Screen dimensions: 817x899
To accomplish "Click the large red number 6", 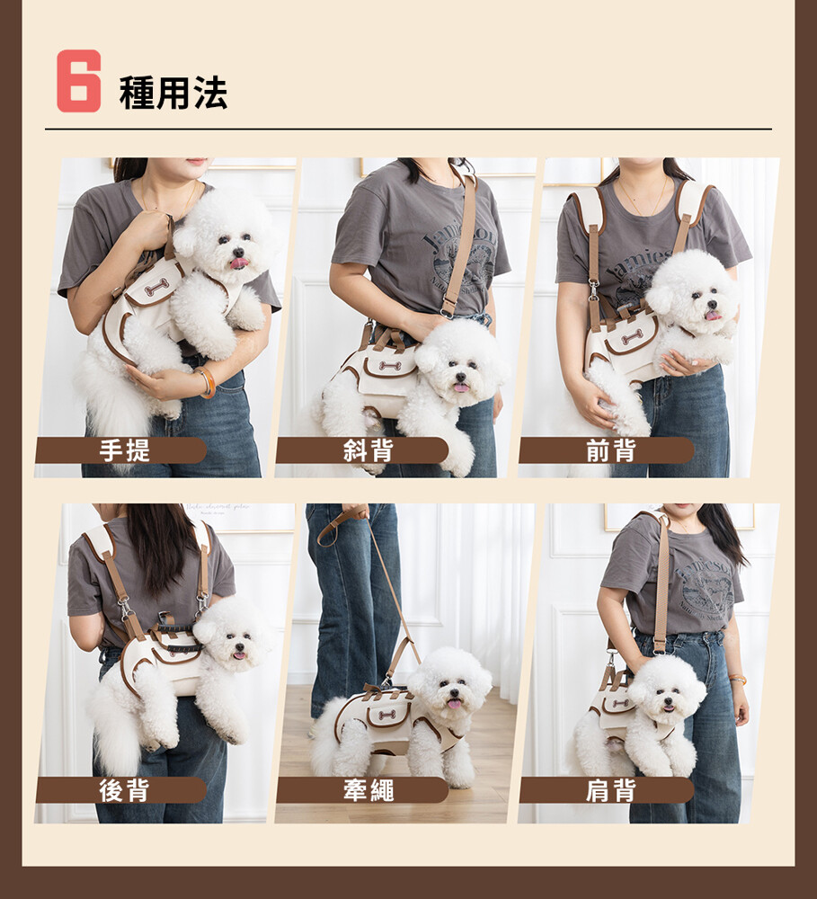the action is (78, 81).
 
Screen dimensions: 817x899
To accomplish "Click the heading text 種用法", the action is (173, 93).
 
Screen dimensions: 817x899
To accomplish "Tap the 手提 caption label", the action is (124, 450).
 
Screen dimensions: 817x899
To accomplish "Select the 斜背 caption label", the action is (369, 450).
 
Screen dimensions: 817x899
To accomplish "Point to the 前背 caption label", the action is (610, 450).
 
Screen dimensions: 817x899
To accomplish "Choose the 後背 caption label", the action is (124, 790).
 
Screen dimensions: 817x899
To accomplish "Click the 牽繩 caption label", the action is (369, 790).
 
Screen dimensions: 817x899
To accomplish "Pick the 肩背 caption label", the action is (610, 790).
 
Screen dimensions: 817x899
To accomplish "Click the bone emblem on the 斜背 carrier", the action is (388, 366).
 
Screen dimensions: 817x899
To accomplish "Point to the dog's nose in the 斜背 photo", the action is (462, 376).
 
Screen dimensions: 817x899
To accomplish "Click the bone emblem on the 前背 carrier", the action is (631, 338).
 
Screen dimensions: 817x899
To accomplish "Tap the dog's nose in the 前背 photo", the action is (712, 305).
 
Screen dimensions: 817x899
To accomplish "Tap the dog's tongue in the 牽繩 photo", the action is (454, 705).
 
